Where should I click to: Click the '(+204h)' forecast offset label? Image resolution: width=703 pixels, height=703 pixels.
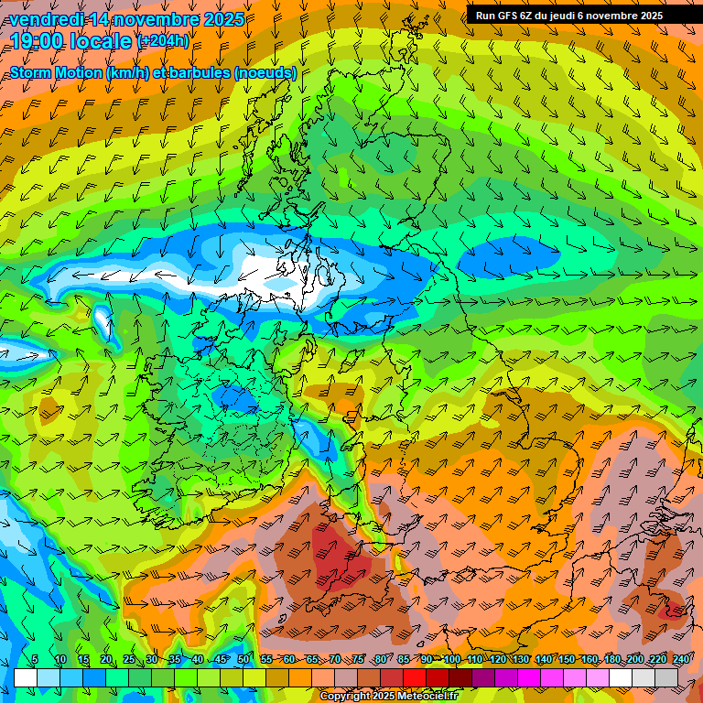(x=163, y=41)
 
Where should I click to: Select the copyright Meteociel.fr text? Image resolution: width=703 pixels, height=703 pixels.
(x=388, y=697)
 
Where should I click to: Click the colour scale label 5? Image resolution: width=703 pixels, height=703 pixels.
(x=35, y=660)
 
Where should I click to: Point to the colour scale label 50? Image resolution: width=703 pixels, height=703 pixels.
(x=243, y=660)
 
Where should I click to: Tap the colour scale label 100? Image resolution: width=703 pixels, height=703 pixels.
(x=452, y=660)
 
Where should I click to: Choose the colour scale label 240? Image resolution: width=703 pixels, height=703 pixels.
(x=681, y=660)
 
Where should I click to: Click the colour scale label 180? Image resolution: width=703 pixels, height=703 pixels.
(x=610, y=660)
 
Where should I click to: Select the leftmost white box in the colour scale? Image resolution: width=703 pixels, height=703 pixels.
(x=26, y=677)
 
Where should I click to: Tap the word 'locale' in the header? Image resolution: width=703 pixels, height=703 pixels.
(x=102, y=40)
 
